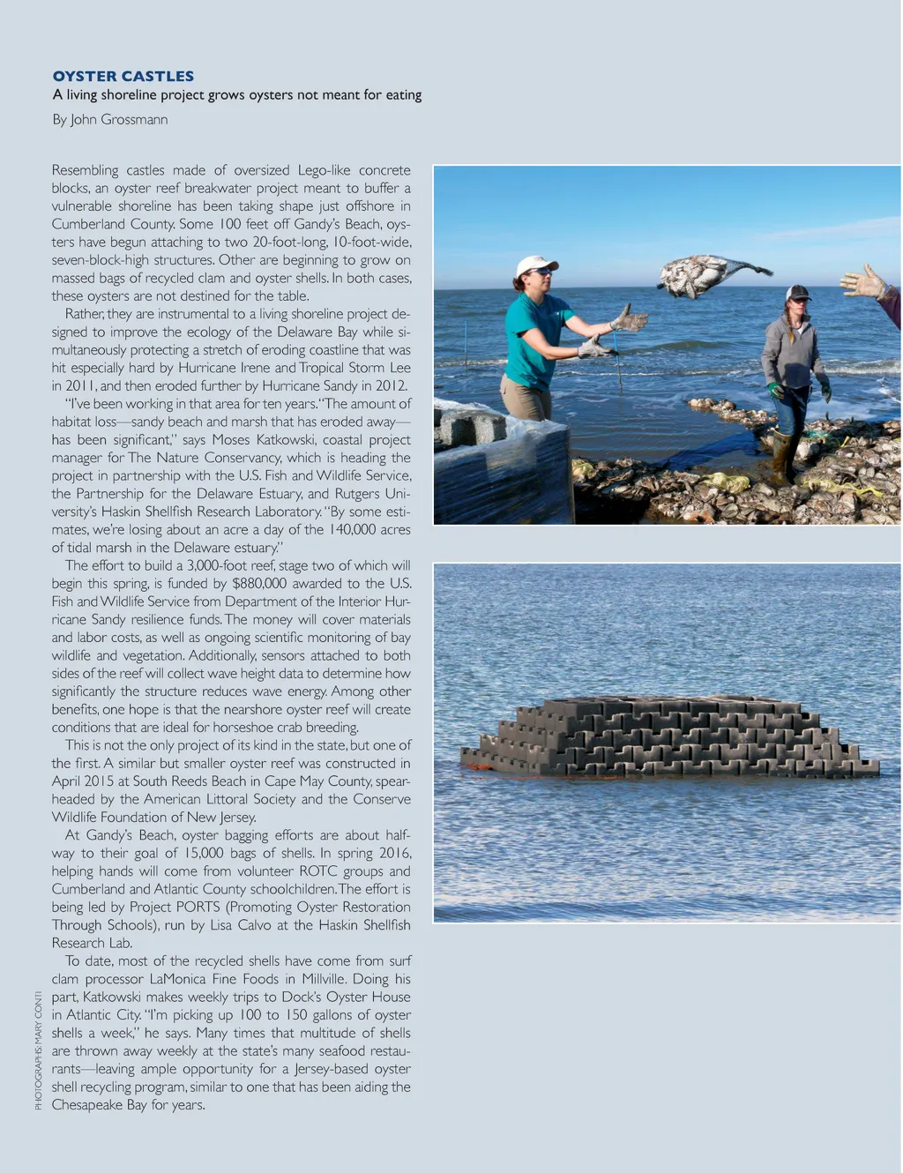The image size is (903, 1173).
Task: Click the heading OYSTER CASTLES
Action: tap(123, 76)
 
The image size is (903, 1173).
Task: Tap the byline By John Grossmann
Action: tap(109, 119)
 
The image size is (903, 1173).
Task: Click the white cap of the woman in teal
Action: tap(535, 264)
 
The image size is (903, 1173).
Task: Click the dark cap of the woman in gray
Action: tap(798, 292)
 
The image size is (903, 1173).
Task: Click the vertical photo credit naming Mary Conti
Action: tap(38, 1050)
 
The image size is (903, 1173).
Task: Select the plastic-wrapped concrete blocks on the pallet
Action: tap(503, 472)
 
